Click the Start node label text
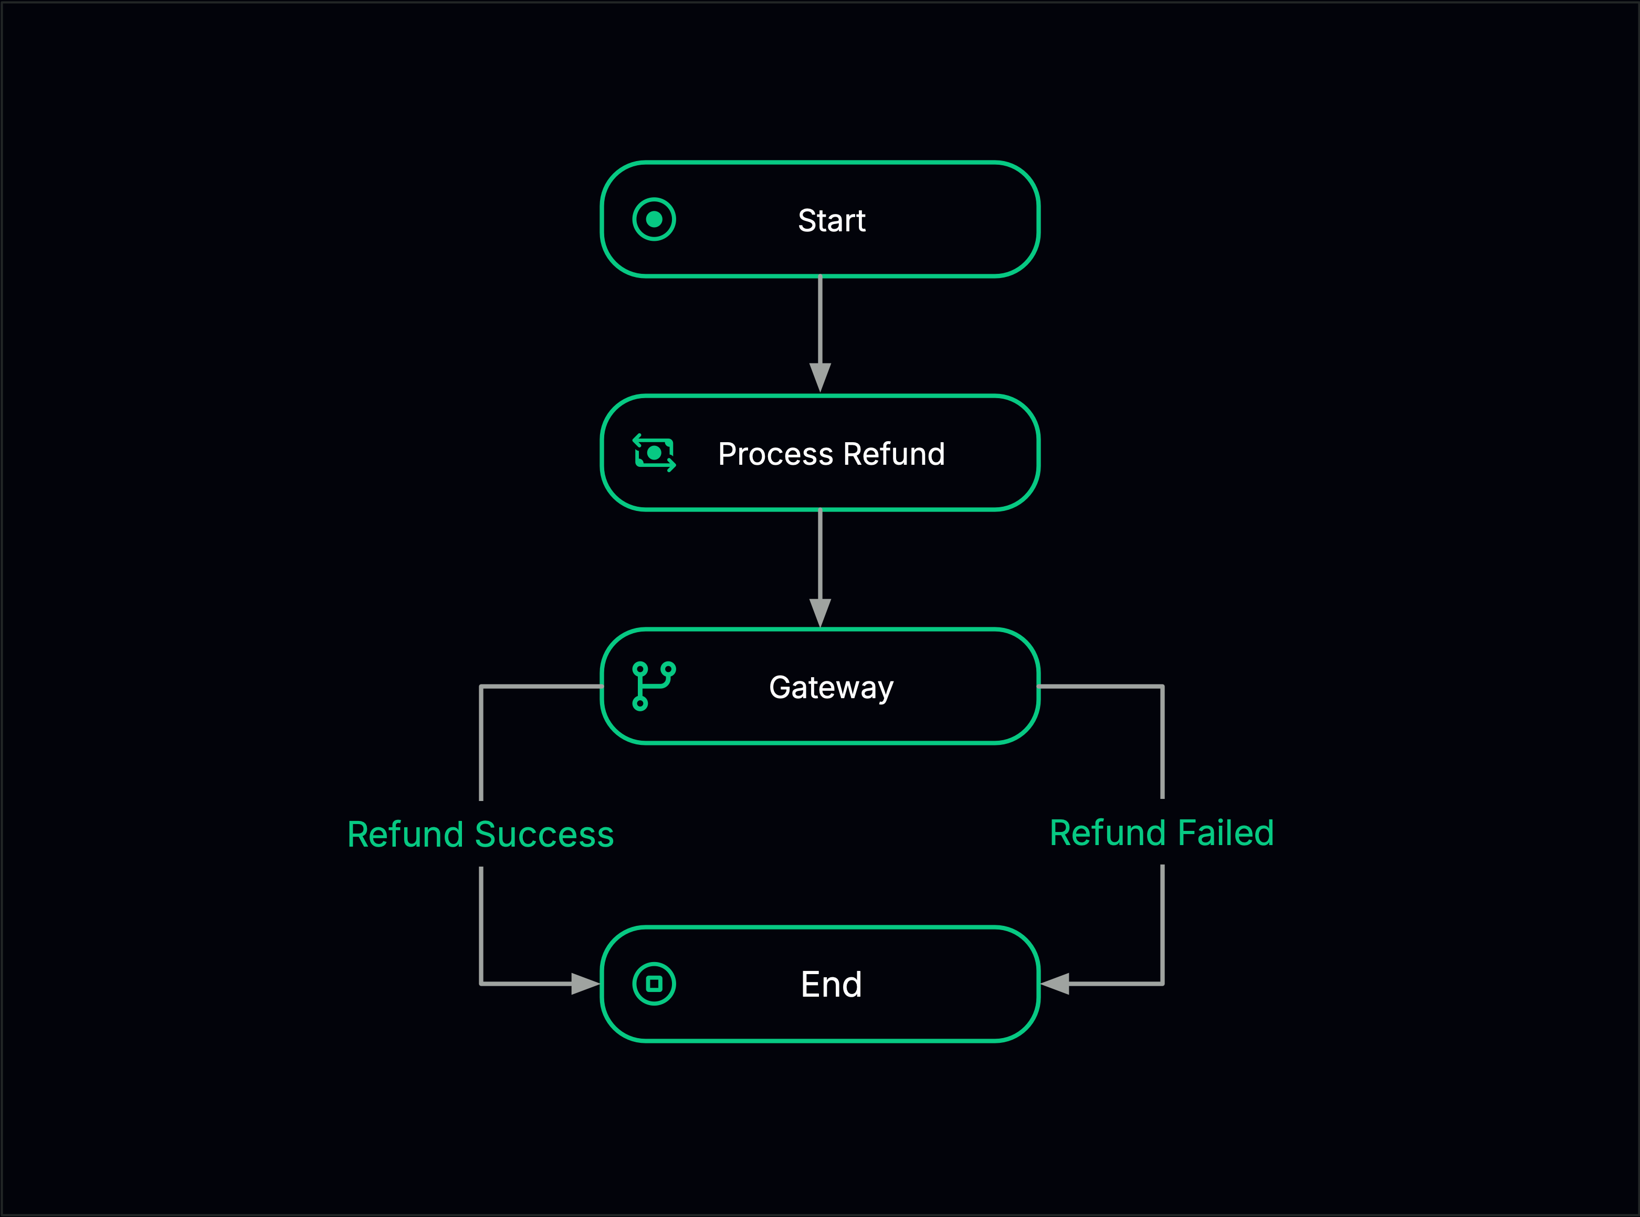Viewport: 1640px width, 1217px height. [x=832, y=220]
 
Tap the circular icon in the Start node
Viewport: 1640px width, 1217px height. [x=654, y=219]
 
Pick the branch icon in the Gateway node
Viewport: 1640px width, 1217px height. [x=653, y=686]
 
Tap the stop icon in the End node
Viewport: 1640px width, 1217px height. [x=654, y=984]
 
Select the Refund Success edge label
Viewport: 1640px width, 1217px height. [x=480, y=835]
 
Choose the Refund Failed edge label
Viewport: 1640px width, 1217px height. [x=1162, y=833]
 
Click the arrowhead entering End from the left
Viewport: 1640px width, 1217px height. [x=585, y=984]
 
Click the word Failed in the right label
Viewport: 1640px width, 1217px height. [x=1226, y=833]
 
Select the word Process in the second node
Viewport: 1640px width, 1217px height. [x=775, y=454]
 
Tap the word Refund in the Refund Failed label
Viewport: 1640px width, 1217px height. [x=1109, y=833]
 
